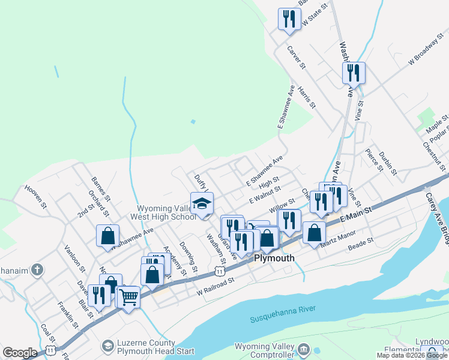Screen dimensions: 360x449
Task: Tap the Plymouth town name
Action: [274, 258]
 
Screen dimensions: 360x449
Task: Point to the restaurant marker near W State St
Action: [289, 19]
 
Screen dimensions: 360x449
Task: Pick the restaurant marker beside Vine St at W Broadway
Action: [354, 73]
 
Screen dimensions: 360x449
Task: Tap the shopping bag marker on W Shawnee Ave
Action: [107, 235]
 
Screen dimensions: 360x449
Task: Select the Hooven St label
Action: [35, 196]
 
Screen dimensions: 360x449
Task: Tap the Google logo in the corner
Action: [20, 353]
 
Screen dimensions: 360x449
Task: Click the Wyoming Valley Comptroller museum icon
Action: [304, 349]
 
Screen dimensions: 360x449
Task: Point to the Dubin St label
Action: [388, 162]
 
